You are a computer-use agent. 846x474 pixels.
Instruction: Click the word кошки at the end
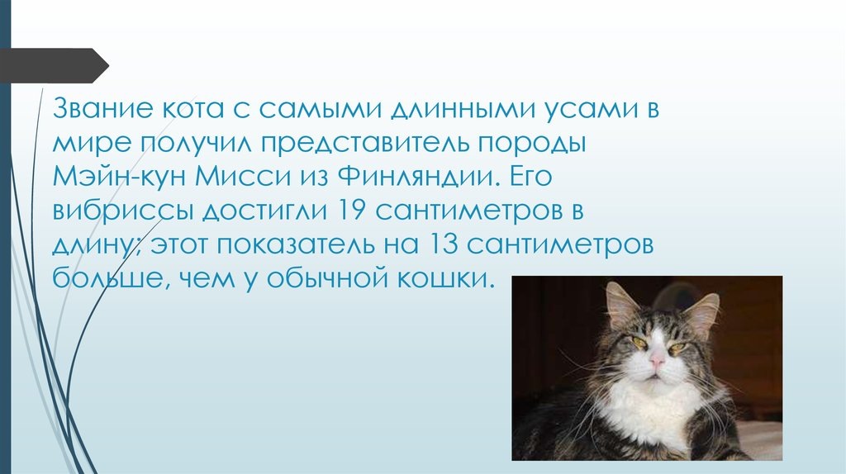coord(450,278)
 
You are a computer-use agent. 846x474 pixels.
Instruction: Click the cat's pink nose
coord(657,360)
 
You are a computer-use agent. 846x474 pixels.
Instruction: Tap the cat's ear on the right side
coord(701,313)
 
